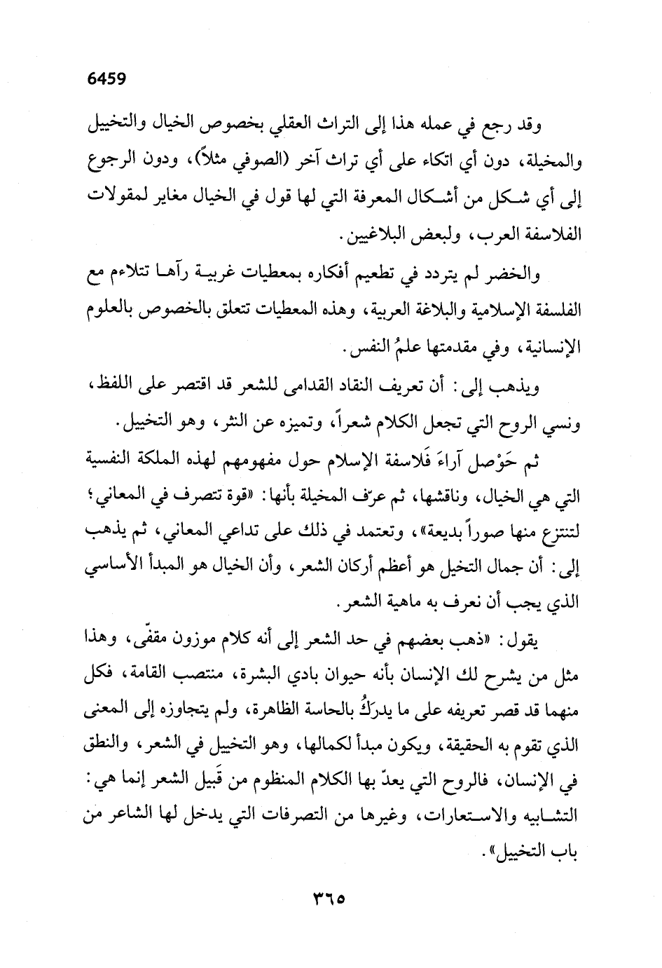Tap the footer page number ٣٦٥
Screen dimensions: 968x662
point(331,897)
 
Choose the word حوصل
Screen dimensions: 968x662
point(492,461)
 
